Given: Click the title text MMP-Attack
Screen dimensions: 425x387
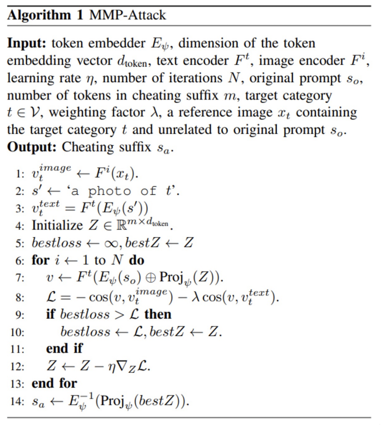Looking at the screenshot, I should (x=128, y=15).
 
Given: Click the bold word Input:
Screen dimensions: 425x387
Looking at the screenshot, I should (x=28, y=43).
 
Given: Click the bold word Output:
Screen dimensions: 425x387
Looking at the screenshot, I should (x=32, y=147).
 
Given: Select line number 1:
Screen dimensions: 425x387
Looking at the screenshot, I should (x=18, y=174).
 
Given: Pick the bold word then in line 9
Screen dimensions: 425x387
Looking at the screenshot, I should (x=158, y=314).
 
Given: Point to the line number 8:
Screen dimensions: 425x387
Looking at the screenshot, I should (x=18, y=297).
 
